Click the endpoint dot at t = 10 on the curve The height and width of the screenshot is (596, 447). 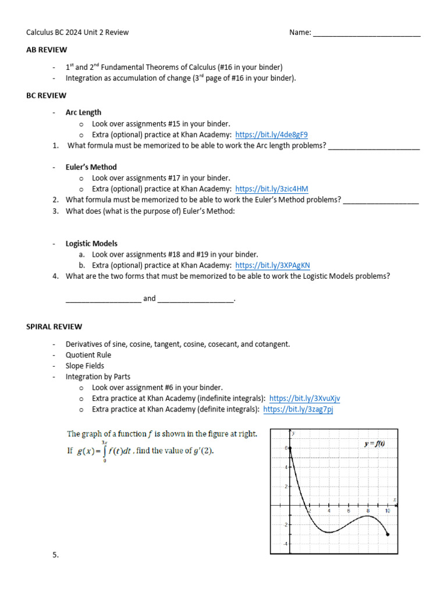tap(388, 534)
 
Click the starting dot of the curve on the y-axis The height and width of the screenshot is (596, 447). tap(290, 448)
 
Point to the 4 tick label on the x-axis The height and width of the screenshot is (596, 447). tap(329, 511)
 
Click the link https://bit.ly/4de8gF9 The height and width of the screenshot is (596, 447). tap(271, 134)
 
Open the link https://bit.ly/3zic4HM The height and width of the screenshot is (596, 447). tap(272, 189)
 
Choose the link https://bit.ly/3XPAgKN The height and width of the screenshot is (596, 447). tap(272, 265)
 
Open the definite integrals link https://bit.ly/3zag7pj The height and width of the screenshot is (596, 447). tap(298, 409)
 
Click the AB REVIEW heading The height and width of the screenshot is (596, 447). tap(47, 49)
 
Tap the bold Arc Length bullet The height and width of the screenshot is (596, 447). tap(83, 112)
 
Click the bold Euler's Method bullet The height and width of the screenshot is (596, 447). tap(91, 167)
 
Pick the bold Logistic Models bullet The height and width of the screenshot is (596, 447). tap(91, 243)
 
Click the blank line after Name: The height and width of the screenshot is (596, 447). tap(367, 33)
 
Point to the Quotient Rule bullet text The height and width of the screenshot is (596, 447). tap(88, 354)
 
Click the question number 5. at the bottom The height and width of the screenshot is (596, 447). tap(55, 555)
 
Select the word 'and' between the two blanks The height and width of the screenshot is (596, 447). tap(150, 298)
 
